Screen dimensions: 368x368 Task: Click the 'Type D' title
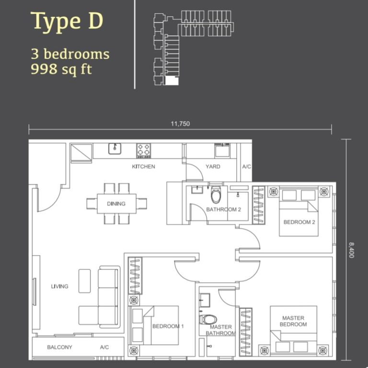(67, 22)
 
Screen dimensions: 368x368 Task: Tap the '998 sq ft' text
(61, 69)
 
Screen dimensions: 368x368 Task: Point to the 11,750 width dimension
(180, 123)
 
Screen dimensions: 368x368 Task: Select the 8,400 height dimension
(351, 250)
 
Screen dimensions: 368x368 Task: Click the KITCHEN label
(144, 167)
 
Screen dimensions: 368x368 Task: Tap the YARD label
(213, 167)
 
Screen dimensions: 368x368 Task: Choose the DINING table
(116, 203)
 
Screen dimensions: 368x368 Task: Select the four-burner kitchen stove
(144, 150)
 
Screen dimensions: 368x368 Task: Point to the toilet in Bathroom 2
(217, 195)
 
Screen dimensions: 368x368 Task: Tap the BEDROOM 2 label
(299, 222)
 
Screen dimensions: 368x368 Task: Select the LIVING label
(60, 287)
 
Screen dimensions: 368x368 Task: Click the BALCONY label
(59, 347)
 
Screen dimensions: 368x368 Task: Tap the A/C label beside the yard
(247, 167)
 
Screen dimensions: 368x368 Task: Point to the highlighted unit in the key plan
(171, 81)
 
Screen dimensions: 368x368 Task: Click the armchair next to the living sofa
(84, 280)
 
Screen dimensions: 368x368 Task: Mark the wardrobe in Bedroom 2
(258, 204)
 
